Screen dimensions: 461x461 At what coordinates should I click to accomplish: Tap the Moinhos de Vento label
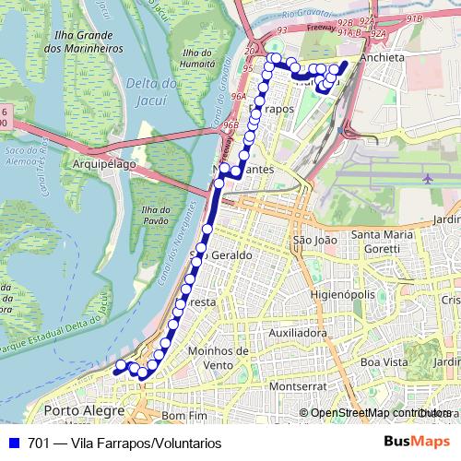218,358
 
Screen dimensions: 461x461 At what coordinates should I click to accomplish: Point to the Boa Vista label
384,362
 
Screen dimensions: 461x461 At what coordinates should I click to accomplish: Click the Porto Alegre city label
84,409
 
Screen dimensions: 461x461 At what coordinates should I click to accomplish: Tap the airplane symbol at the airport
428,177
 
